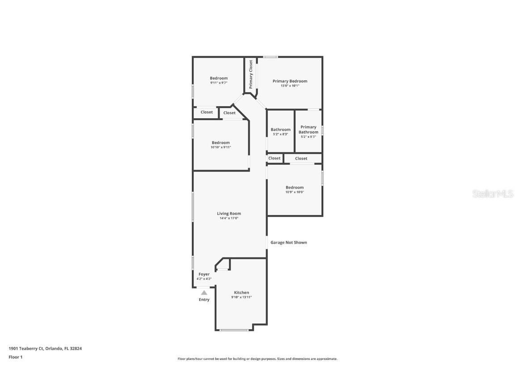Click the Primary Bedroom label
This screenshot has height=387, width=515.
(x=290, y=81)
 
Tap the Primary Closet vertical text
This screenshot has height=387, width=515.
(x=251, y=74)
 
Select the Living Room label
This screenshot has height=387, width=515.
(x=229, y=214)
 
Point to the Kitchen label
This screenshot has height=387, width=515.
(x=241, y=292)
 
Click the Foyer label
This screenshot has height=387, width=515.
(x=204, y=274)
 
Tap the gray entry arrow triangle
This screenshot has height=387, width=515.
(x=204, y=292)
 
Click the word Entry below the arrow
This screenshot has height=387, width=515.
(x=204, y=300)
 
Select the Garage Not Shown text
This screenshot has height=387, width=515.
(x=288, y=242)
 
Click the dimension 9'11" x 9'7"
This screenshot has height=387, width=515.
(x=219, y=83)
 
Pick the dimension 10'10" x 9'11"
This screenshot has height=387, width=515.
(x=220, y=147)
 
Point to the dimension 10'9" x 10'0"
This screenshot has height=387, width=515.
(x=295, y=192)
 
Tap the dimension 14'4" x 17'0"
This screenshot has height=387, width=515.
(x=229, y=219)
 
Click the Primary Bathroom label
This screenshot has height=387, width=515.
(x=308, y=129)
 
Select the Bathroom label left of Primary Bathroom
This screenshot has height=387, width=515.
(x=280, y=129)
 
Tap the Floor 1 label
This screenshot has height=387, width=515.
(x=15, y=357)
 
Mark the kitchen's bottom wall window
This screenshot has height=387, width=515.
(x=234, y=330)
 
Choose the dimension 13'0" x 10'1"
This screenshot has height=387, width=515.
(x=290, y=86)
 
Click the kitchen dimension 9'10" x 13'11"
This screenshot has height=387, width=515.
(x=241, y=297)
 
